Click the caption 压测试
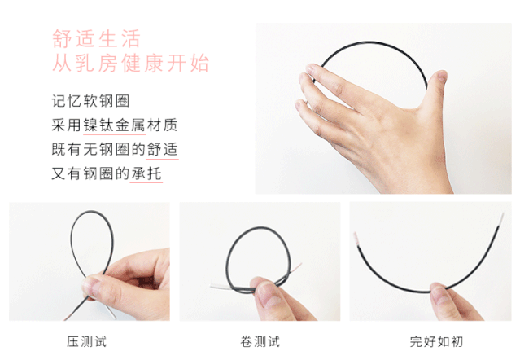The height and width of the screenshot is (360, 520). tap(87, 340)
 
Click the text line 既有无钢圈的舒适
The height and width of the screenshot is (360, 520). tap(114, 150)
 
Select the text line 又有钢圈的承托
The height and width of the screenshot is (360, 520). tap(106, 173)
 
